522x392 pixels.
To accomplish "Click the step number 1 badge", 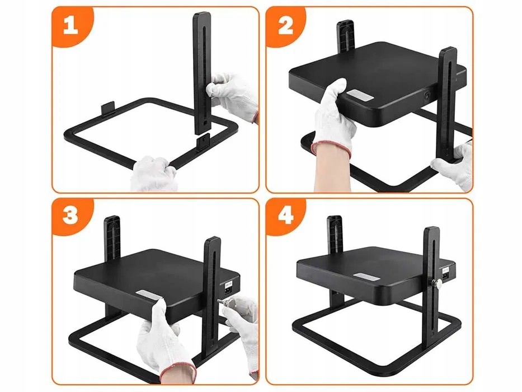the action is point(70,25).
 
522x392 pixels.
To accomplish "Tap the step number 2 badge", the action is point(285,25).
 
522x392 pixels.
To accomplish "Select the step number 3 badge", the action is point(70,216).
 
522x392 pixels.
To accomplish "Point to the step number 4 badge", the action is point(286,216).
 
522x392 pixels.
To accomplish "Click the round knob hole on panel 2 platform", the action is point(427,96).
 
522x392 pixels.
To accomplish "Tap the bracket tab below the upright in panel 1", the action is point(203,142).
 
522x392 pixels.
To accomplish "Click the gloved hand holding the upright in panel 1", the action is point(233,95).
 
